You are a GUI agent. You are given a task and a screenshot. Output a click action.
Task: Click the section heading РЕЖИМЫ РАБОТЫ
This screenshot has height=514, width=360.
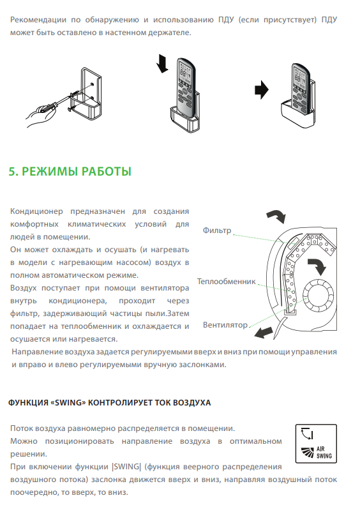click(x=77, y=171)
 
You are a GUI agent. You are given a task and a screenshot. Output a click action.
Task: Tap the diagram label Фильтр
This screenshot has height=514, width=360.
click(x=217, y=230)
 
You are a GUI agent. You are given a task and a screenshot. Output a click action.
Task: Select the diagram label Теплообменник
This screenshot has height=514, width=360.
click(x=226, y=281)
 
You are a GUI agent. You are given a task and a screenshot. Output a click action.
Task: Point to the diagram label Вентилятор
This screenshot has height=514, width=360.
click(x=225, y=324)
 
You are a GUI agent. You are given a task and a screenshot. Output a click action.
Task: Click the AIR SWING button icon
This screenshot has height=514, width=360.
click(x=316, y=444)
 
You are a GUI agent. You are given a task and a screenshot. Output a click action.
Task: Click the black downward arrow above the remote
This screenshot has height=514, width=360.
click(x=162, y=63)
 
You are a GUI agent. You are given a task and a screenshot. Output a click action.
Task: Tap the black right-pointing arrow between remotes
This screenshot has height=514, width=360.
click(x=262, y=89)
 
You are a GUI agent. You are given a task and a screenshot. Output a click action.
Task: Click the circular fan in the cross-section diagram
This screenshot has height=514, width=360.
click(x=318, y=296)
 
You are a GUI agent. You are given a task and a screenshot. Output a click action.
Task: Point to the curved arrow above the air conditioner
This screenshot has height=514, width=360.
click(x=276, y=216)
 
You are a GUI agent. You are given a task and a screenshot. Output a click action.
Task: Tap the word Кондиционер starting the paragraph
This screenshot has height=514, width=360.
click(x=36, y=211)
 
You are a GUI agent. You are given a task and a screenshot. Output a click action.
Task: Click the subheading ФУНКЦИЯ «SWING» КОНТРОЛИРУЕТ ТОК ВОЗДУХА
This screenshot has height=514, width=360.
click(x=109, y=402)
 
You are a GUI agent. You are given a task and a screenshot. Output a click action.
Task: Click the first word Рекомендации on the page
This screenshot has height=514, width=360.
click(x=38, y=20)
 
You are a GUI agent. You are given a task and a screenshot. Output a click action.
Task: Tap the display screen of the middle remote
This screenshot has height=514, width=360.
click(x=184, y=72)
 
